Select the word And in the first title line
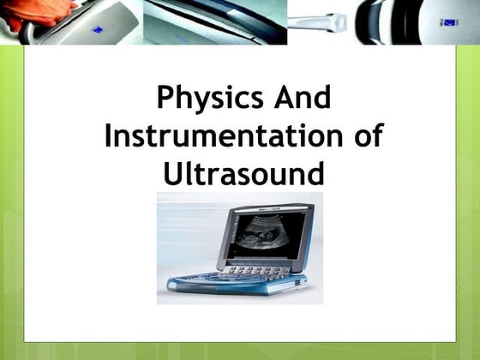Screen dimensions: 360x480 (299, 99)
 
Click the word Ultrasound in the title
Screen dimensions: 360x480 (243, 174)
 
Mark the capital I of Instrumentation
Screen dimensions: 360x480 (109, 136)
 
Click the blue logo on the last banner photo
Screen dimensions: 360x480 (447, 21)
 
